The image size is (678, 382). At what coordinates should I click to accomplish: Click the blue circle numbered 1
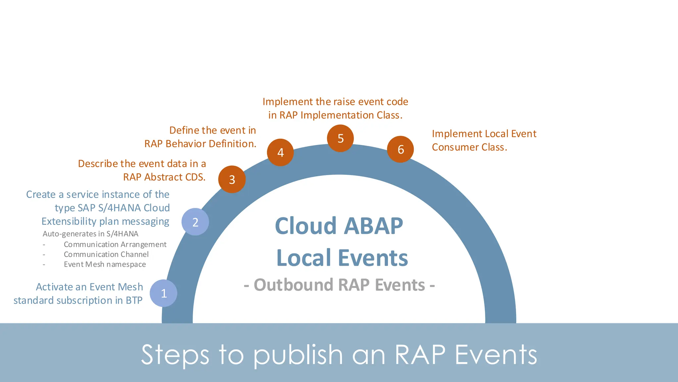click(163, 293)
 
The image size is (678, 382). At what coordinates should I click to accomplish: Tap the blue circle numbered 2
click(195, 222)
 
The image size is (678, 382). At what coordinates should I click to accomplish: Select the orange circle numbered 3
click(232, 179)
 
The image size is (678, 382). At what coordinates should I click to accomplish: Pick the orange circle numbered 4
click(280, 153)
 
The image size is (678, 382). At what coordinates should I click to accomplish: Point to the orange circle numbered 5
click(340, 138)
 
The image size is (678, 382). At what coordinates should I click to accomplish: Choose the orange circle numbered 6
click(401, 149)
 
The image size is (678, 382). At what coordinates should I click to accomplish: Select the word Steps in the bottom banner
click(175, 355)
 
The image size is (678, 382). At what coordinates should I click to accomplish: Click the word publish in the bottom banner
click(298, 355)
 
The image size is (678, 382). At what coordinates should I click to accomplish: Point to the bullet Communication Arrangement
click(115, 244)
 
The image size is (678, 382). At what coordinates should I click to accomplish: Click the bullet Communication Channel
click(106, 254)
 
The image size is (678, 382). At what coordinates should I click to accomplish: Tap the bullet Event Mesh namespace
click(105, 264)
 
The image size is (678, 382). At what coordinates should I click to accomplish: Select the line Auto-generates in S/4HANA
click(90, 234)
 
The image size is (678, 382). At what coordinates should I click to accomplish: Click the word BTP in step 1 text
click(134, 300)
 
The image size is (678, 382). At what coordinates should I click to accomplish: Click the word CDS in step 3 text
click(195, 177)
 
